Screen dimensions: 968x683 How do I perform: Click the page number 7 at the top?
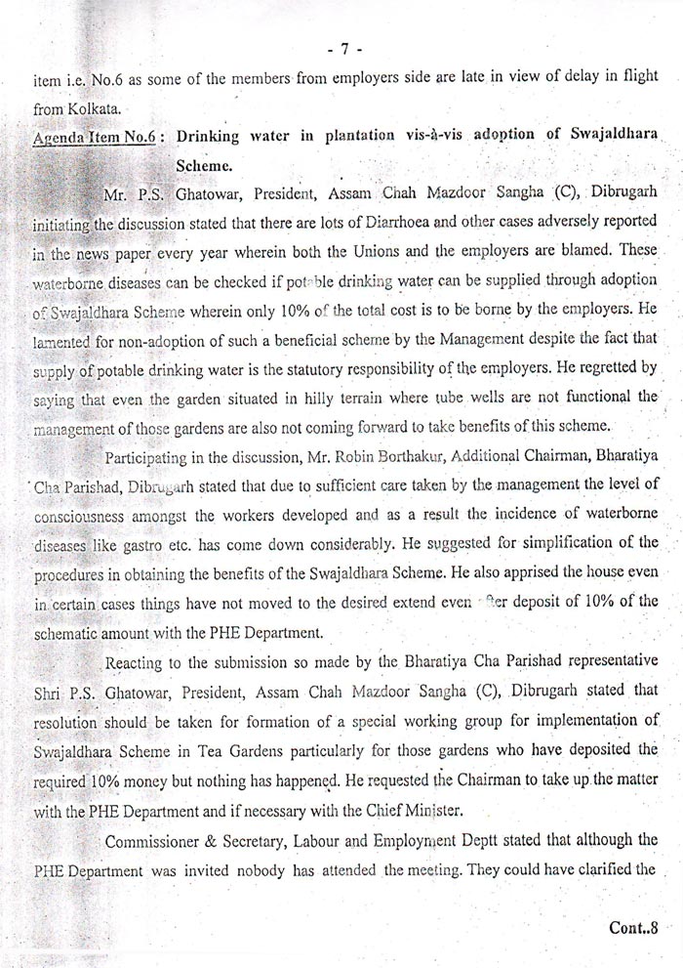point(346,46)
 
